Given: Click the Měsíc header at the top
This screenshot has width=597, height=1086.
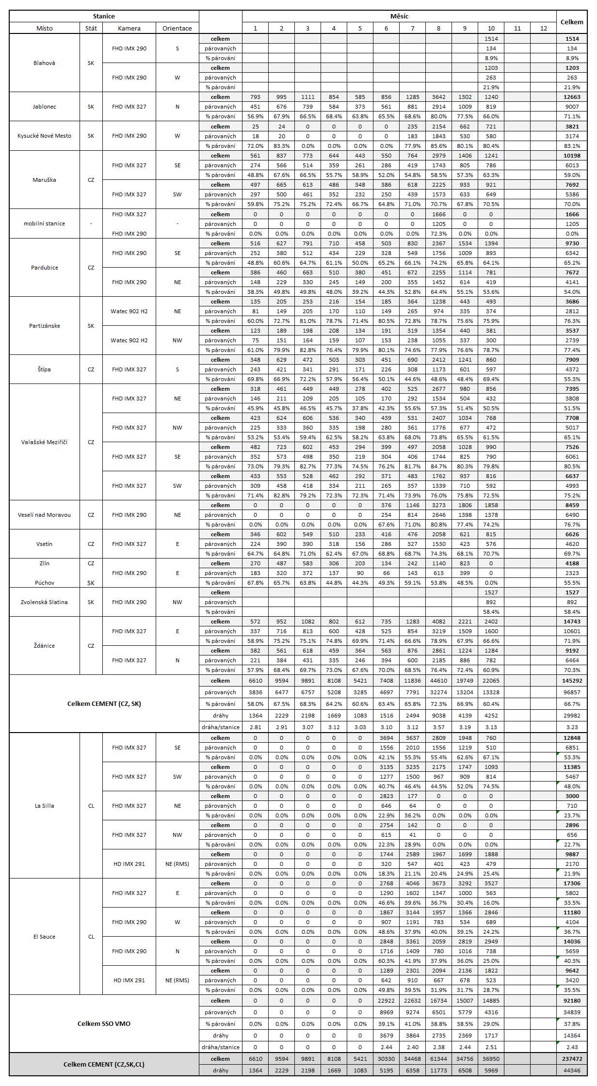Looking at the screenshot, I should [399, 16].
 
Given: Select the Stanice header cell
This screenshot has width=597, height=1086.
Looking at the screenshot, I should [104, 16].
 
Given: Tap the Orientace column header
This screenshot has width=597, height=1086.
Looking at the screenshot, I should [177, 28].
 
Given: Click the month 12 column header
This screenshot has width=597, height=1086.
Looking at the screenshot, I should [544, 28].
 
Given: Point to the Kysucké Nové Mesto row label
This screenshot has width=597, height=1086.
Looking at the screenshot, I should [44, 136].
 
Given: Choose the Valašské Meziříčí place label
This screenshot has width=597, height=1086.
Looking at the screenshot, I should [44, 442].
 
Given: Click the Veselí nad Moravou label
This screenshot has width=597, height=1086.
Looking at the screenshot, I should [44, 515].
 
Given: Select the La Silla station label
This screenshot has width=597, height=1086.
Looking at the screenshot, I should [44, 806].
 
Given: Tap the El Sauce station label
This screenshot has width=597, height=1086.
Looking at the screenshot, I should [44, 937].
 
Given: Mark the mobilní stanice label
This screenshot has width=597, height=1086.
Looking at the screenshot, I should [44, 224].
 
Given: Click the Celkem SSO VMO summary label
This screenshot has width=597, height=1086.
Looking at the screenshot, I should [104, 1023].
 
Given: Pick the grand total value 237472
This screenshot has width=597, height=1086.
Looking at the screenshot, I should [572, 1059].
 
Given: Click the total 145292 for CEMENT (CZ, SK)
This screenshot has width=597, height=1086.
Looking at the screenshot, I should [572, 681].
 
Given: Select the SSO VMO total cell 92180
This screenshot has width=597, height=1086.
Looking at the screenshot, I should [572, 1001].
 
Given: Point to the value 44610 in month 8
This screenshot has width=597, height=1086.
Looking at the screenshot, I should [438, 681].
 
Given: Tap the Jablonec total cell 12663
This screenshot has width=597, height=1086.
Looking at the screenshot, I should [572, 97].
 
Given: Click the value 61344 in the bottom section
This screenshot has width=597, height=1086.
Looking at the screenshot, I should [438, 1059].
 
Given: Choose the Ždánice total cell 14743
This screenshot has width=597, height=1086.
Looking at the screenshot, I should [572, 622].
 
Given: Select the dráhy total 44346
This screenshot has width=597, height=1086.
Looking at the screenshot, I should [572, 1070].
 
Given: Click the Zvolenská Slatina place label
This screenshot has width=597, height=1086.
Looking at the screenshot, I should [44, 602].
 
